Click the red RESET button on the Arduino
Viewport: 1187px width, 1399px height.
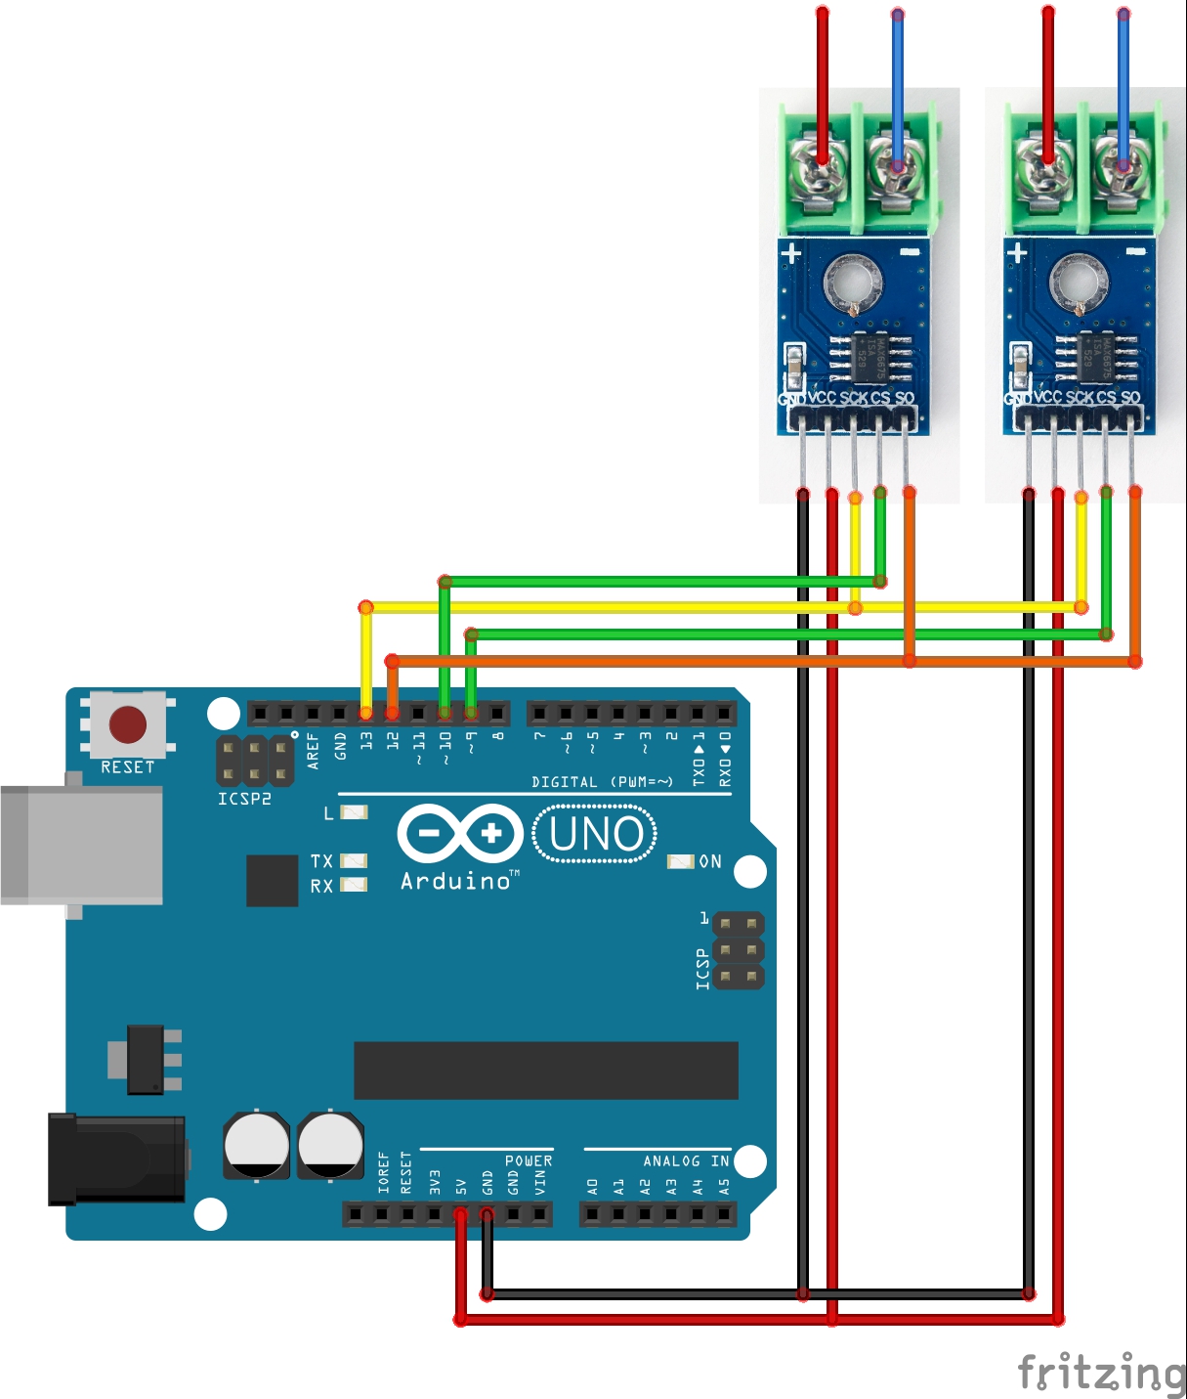pos(128,725)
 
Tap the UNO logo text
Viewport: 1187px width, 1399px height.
pos(596,834)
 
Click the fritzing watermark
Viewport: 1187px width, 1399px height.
pos(1101,1372)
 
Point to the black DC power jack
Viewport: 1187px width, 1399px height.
pos(117,1159)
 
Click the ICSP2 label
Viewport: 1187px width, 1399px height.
pos(244,799)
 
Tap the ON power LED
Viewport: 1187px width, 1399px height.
pos(680,861)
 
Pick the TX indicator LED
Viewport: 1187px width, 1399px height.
pos(354,860)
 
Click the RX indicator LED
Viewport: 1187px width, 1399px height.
pos(354,885)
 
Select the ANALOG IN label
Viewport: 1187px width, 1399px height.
pos(686,1160)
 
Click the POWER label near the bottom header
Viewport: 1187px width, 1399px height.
pos(529,1160)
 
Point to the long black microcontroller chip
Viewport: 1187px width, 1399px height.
pos(545,1071)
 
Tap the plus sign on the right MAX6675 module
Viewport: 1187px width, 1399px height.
pos(1017,252)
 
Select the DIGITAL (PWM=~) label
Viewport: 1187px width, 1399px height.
pos(602,782)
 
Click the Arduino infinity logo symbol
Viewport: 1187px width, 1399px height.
pos(460,833)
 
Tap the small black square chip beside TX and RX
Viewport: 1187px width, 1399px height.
pos(272,880)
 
